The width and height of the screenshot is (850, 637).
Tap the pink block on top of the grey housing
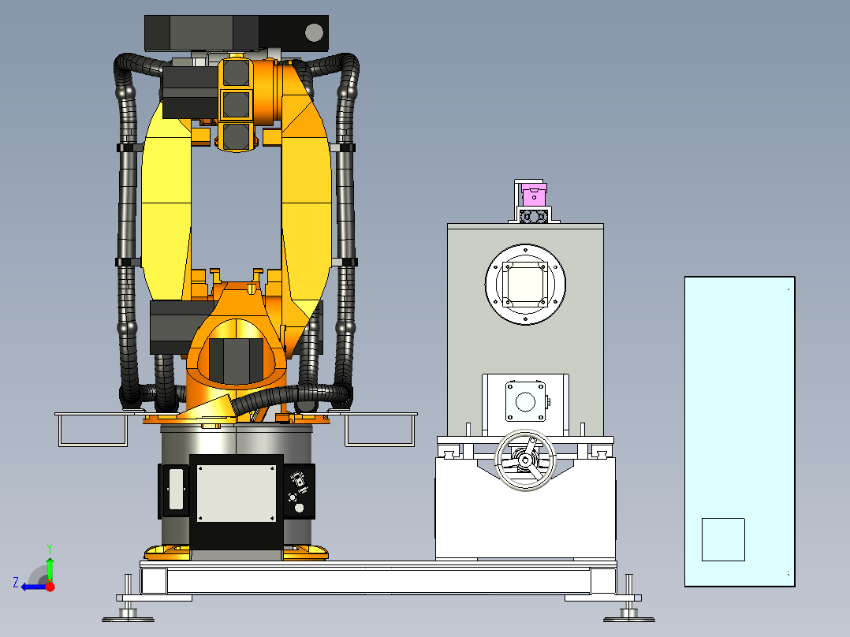(534, 194)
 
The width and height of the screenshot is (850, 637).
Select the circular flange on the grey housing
(525, 285)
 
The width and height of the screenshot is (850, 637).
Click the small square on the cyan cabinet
(723, 539)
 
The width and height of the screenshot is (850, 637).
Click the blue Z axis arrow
(34, 587)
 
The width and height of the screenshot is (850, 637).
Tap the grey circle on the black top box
(315, 32)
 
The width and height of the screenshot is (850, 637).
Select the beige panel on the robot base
(237, 493)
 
